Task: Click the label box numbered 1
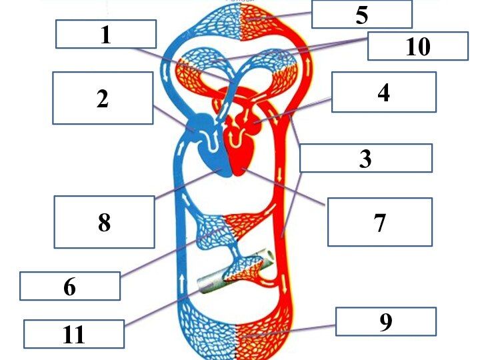[106, 34]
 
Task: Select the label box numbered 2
[103, 98]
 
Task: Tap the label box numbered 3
[366, 158]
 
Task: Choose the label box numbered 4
[384, 92]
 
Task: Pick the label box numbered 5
[362, 14]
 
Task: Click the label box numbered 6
[70, 286]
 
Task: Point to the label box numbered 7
[380, 222]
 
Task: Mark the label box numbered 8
[105, 222]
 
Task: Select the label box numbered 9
[386, 321]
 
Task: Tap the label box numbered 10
[418, 46]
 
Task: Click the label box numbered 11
[74, 334]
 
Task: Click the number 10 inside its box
[418, 46]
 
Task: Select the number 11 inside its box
[74, 335]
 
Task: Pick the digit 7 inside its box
[380, 223]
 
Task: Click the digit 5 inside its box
[362, 15]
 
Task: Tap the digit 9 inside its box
[386, 322]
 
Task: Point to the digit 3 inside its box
[365, 159]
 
